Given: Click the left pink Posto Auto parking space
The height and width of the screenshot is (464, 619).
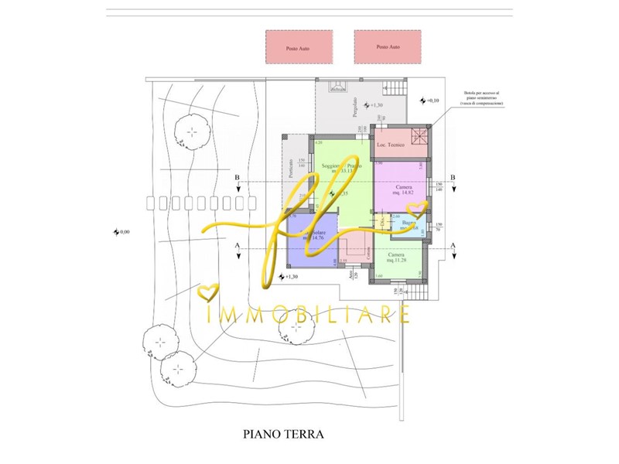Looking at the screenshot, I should tap(299, 47).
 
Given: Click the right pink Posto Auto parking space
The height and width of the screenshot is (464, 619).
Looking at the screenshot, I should tap(388, 47).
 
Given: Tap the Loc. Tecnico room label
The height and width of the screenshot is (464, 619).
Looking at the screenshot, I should tap(387, 145).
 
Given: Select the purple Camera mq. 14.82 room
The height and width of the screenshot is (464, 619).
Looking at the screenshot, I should tap(401, 186).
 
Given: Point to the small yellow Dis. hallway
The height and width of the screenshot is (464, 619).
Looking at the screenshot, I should tap(381, 224).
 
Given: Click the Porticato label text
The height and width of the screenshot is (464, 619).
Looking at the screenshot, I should tap(291, 169).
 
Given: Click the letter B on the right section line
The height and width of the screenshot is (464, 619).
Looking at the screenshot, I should tap(453, 178).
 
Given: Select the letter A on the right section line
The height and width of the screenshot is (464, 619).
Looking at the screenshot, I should tap(453, 244).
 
